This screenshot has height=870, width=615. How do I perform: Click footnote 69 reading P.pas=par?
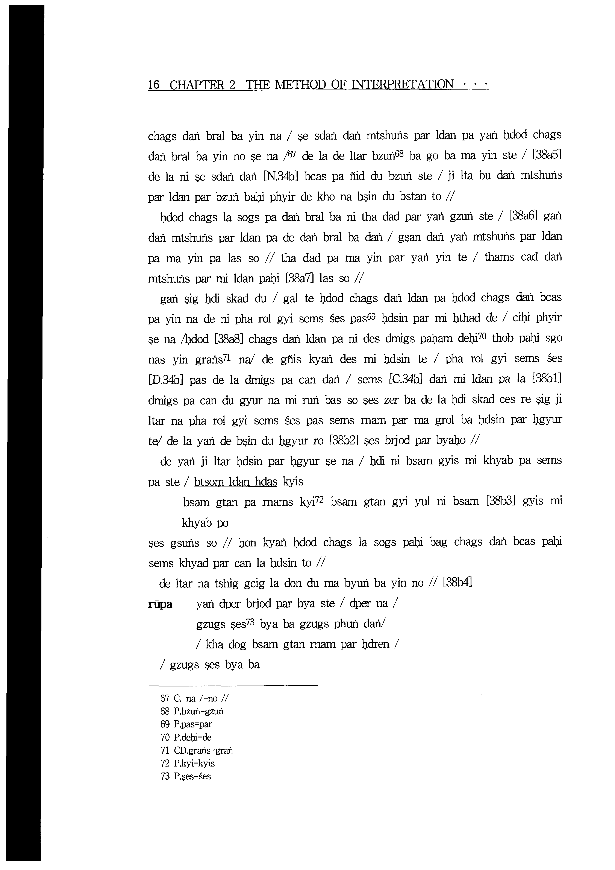tap(186, 724)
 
